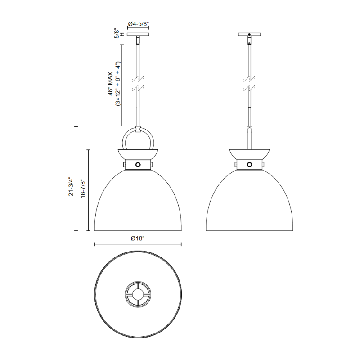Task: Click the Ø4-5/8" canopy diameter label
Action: (x=138, y=24)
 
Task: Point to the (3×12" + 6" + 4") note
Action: (x=118, y=84)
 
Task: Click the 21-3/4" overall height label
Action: (x=71, y=187)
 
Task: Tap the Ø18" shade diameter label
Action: (x=138, y=238)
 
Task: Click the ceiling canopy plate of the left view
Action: (x=138, y=35)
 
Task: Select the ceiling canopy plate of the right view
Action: (x=249, y=35)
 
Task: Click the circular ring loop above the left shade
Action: (x=123, y=140)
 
